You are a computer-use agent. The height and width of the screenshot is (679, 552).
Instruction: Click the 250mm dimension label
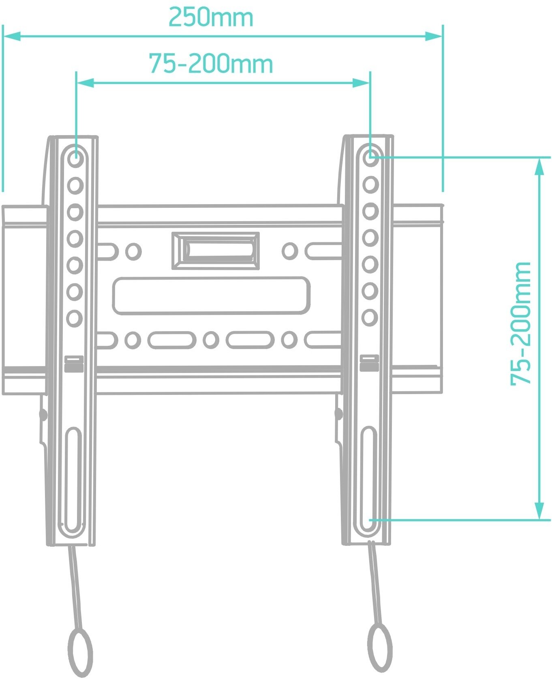[211, 17]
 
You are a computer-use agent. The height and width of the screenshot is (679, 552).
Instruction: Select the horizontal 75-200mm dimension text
[211, 64]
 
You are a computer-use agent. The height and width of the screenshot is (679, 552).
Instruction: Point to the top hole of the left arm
[75, 157]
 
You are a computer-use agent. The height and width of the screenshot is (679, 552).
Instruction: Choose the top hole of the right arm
[370, 157]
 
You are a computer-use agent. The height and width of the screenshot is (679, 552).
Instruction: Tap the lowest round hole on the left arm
[75, 318]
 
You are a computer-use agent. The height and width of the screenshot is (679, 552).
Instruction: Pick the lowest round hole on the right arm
[370, 317]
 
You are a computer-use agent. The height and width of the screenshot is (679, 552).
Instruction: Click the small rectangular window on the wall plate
[216, 250]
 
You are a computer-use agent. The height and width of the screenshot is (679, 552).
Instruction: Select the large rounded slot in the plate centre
[211, 296]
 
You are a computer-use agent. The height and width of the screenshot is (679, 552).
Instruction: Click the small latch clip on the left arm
[74, 364]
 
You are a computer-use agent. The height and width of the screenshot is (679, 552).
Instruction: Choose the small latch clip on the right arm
[369, 363]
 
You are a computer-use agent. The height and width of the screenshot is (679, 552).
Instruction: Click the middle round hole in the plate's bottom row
[211, 340]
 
